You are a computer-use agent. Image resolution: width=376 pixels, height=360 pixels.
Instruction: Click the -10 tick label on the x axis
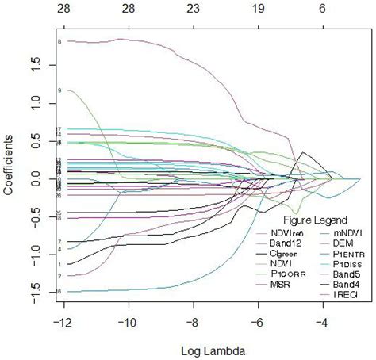pos(126,324)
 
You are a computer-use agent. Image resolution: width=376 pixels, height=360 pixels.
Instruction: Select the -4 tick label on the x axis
pos(321,324)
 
